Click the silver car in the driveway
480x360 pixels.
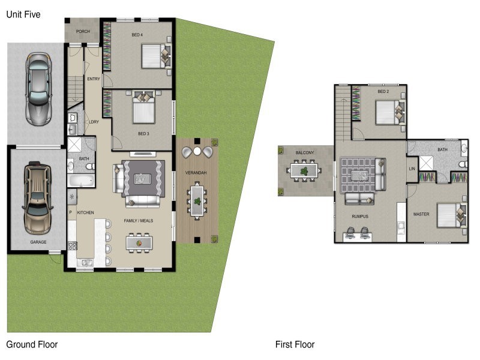pyautogui.click(x=37, y=89)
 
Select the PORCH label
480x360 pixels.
pyautogui.click(x=83, y=31)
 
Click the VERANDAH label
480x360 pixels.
pyautogui.click(x=197, y=173)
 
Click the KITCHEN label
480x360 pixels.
pyautogui.click(x=85, y=212)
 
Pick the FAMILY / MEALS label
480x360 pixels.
pyautogui.click(x=139, y=221)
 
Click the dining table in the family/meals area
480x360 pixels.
pyautogui.click(x=139, y=242)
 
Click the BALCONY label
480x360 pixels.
pyautogui.click(x=304, y=153)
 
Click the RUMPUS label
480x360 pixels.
pyautogui.click(x=360, y=216)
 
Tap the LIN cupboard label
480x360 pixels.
pyautogui.click(x=412, y=169)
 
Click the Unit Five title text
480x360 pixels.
pyautogui.click(x=23, y=14)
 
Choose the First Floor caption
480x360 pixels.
pyautogui.click(x=295, y=344)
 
